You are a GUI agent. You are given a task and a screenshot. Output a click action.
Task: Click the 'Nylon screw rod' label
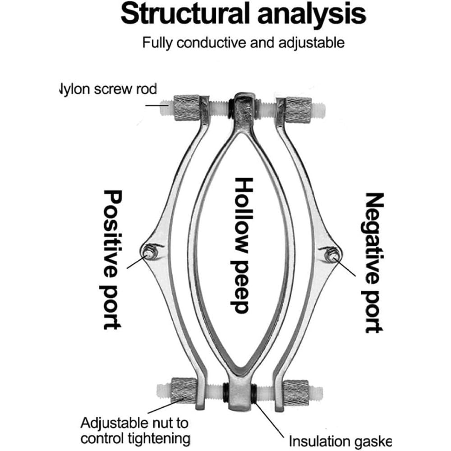108,89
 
